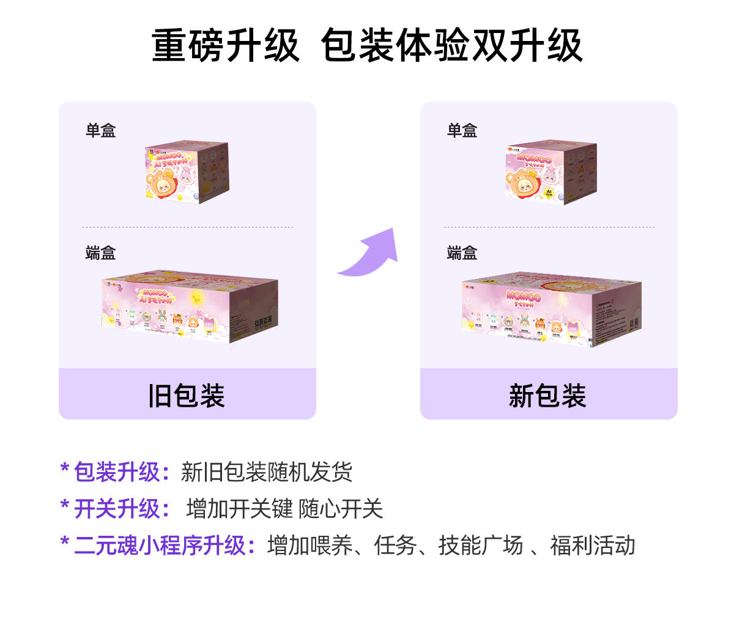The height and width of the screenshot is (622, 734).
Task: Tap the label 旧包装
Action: (187, 396)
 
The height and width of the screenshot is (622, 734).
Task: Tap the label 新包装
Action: (547, 396)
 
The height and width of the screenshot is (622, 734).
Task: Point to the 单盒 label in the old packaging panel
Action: (100, 130)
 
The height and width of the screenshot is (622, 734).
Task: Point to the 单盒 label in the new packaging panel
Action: (462, 130)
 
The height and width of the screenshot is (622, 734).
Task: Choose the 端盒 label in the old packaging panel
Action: (100, 253)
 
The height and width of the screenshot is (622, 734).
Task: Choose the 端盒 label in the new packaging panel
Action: (462, 253)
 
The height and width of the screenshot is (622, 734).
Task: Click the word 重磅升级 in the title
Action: (225, 46)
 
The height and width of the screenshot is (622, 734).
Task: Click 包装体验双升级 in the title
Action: (451, 46)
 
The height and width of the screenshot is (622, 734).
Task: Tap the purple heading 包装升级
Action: (116, 472)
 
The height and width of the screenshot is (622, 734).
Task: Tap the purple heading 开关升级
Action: (116, 509)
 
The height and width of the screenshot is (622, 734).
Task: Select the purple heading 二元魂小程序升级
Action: (159, 546)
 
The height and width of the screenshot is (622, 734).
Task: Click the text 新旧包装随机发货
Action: (267, 472)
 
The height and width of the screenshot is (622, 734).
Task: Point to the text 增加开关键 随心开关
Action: (284, 509)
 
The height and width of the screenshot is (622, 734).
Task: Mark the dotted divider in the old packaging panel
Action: (187, 227)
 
